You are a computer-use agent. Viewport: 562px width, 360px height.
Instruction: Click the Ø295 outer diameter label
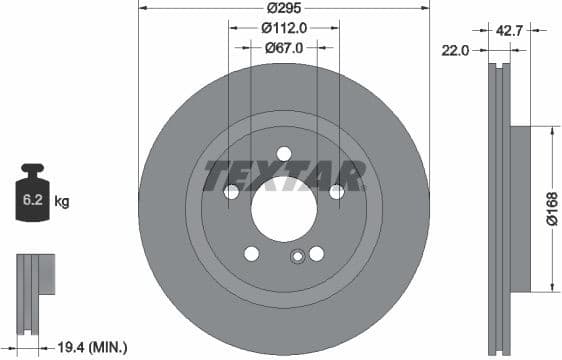click(x=282, y=9)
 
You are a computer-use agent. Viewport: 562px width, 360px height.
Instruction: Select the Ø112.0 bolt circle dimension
click(x=283, y=28)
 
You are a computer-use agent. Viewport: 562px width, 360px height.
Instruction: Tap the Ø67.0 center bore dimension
click(x=283, y=46)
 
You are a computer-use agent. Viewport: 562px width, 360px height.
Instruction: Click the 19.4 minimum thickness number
click(x=68, y=347)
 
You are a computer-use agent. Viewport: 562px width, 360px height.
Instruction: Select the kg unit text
click(x=62, y=201)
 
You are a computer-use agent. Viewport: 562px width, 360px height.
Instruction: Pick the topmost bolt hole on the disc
click(x=283, y=153)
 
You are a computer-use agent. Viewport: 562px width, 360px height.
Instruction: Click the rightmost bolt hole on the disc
click(x=336, y=191)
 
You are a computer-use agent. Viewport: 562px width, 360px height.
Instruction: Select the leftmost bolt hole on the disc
click(x=231, y=191)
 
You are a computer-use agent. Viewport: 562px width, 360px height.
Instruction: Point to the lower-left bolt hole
click(x=251, y=253)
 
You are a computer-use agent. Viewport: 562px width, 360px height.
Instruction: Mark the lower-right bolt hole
click(x=316, y=253)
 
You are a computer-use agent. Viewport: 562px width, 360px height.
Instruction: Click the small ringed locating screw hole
click(x=296, y=258)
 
